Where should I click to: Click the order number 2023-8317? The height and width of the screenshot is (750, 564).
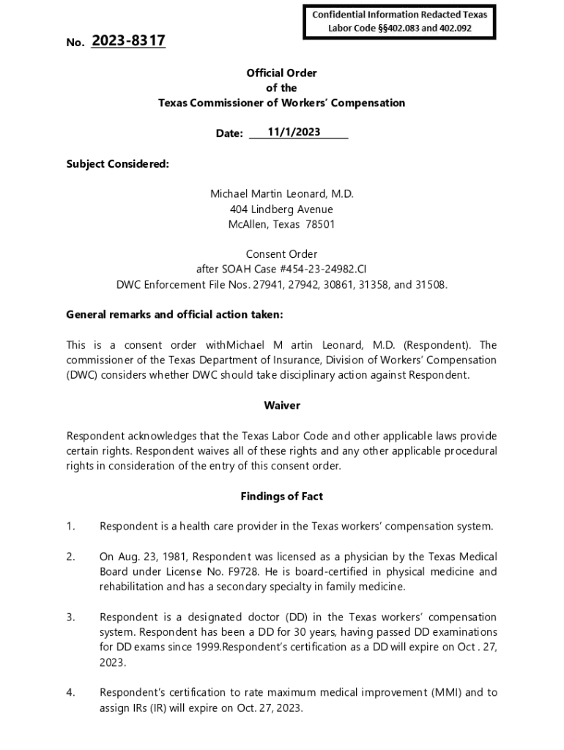pyautogui.click(x=128, y=42)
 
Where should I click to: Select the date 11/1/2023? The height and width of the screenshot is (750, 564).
pyautogui.click(x=294, y=132)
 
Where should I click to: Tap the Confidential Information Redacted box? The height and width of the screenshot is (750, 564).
pyautogui.click(x=400, y=21)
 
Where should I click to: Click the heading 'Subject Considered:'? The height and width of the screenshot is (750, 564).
pyautogui.click(x=117, y=164)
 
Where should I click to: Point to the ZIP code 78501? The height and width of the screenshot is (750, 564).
pyautogui.click(x=320, y=225)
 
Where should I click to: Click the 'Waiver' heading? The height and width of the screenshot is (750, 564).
pyautogui.click(x=282, y=405)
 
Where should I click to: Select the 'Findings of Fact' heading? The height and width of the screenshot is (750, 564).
pyautogui.click(x=282, y=496)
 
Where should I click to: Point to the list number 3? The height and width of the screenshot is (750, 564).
pyautogui.click(x=70, y=617)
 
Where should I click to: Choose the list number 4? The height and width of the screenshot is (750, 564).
pyautogui.click(x=70, y=692)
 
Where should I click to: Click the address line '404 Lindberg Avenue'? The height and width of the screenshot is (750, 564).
pyautogui.click(x=282, y=209)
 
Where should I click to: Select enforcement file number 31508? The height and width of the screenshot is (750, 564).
pyautogui.click(x=431, y=285)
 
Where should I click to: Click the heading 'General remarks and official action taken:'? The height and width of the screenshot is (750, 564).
pyautogui.click(x=174, y=315)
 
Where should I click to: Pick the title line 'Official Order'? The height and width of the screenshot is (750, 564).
pyautogui.click(x=282, y=73)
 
